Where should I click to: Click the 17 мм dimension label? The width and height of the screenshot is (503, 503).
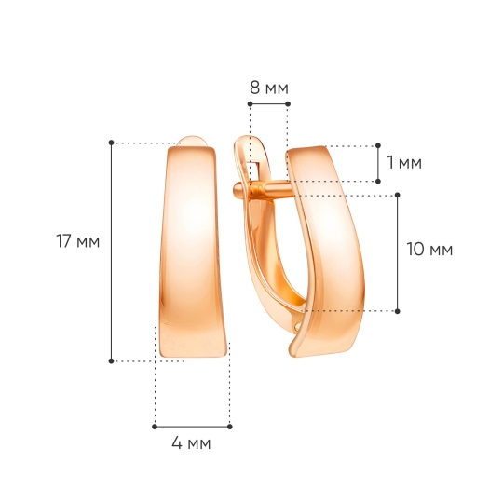[x=78, y=241]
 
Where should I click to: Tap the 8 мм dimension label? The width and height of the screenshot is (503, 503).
[x=269, y=88]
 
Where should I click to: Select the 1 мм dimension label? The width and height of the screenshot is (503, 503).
[x=404, y=162]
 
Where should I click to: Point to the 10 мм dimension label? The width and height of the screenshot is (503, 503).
[x=429, y=250]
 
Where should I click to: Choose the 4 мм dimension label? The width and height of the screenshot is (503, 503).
[x=191, y=443]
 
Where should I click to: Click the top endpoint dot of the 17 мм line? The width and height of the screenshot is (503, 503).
[x=112, y=143]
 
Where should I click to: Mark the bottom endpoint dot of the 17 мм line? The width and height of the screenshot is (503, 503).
[x=112, y=361]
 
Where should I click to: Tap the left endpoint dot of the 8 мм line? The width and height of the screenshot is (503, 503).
[x=251, y=104]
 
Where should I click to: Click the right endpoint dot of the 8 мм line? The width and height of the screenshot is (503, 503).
[x=288, y=104]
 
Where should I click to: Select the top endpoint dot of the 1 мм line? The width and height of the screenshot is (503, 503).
[x=378, y=146]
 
